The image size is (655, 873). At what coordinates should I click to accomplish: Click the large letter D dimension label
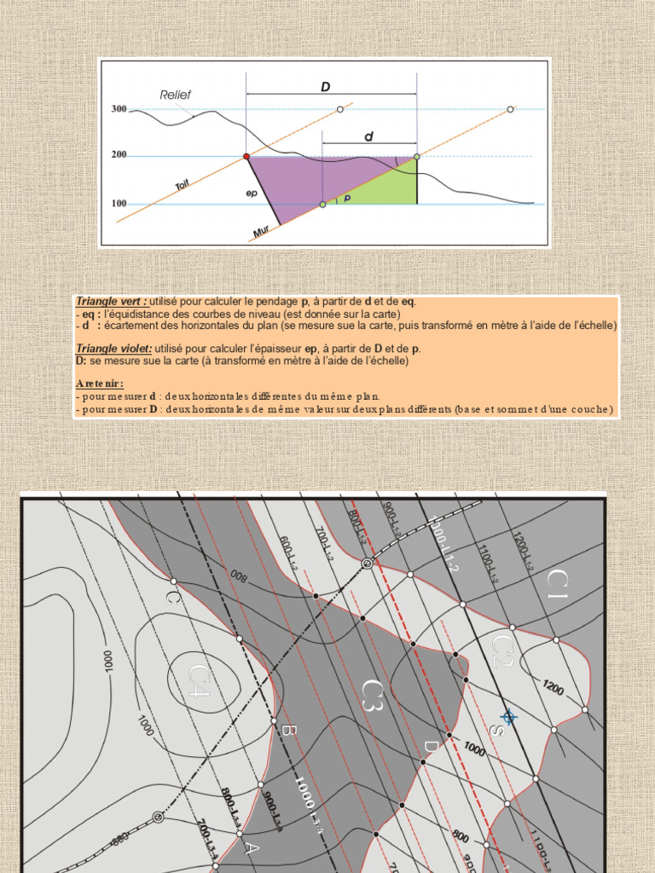(x=325, y=86)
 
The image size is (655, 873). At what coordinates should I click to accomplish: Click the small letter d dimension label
(x=368, y=136)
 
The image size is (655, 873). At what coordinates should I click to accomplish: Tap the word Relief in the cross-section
(x=175, y=95)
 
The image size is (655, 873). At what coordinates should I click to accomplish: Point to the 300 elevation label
(x=119, y=109)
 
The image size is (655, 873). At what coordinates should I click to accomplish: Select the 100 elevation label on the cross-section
(x=119, y=204)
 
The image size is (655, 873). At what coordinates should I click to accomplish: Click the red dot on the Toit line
(x=246, y=157)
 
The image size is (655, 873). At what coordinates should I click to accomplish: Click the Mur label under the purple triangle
(x=262, y=231)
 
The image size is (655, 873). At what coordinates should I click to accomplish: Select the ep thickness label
(x=252, y=194)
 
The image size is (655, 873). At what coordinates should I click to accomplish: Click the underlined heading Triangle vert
(x=111, y=302)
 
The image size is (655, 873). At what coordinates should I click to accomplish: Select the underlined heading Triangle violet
(x=113, y=349)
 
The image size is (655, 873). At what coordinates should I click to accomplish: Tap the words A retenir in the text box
(x=99, y=384)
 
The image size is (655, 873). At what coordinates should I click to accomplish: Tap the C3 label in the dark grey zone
(x=374, y=694)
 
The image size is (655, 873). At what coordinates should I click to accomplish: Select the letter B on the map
(x=288, y=731)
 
